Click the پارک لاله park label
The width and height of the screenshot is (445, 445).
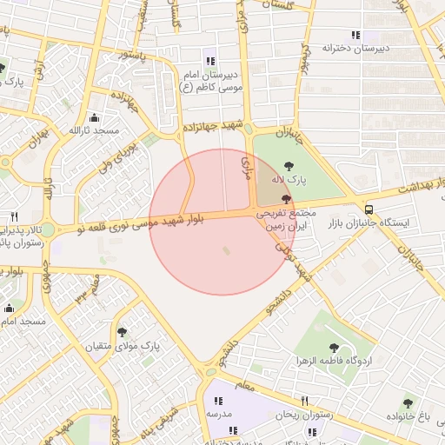point(289,179)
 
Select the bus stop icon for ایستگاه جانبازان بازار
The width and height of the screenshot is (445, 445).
point(370,209)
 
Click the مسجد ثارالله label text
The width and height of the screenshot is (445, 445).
point(94,130)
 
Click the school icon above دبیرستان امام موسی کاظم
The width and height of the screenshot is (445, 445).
point(209,60)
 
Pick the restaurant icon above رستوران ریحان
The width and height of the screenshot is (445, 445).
point(304,401)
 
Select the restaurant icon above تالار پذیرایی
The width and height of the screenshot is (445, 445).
point(14,216)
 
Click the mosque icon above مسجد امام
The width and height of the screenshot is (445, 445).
point(10,308)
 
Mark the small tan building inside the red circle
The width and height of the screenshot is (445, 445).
point(228,251)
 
